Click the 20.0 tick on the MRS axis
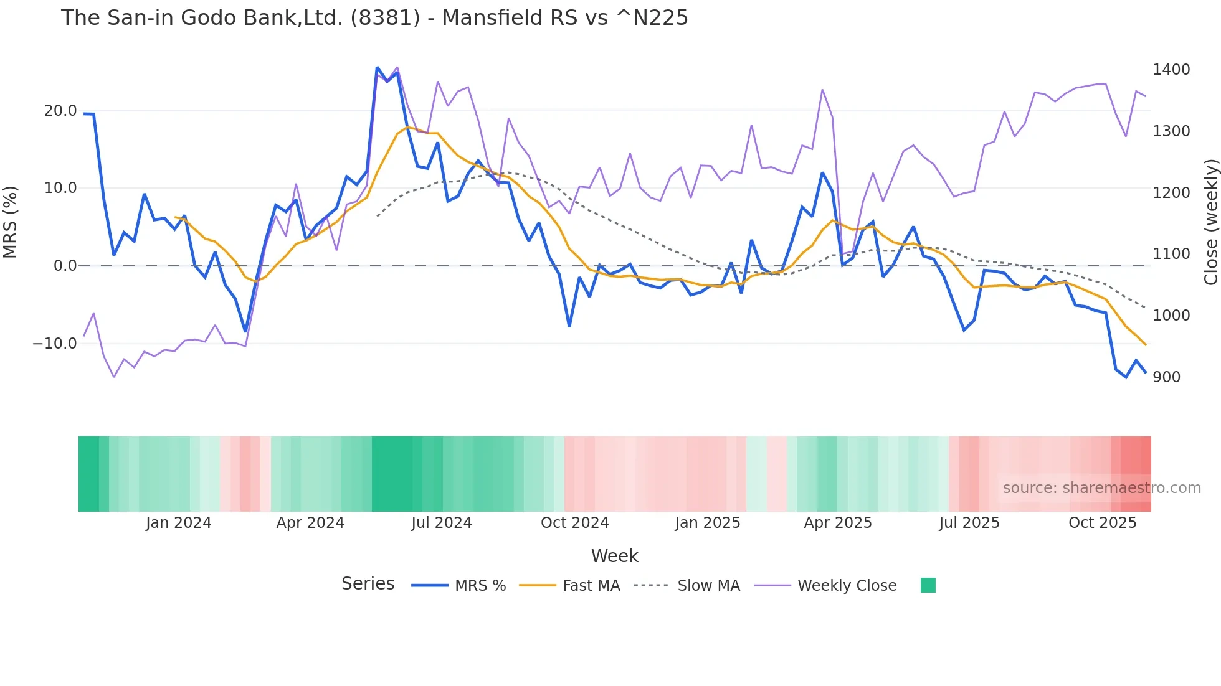(60, 111)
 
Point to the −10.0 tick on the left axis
(55, 344)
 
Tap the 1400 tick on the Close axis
(1171, 70)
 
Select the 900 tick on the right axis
(1166, 377)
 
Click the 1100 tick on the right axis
(1171, 254)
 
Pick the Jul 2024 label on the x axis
(441, 523)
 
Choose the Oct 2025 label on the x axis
(1102, 523)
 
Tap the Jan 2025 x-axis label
(707, 523)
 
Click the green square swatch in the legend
(928, 585)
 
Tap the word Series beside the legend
(368, 584)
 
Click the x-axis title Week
(614, 556)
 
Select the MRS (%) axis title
(11, 222)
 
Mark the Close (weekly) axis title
(1210, 222)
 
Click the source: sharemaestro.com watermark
(1101, 488)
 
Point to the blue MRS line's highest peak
(378, 68)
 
